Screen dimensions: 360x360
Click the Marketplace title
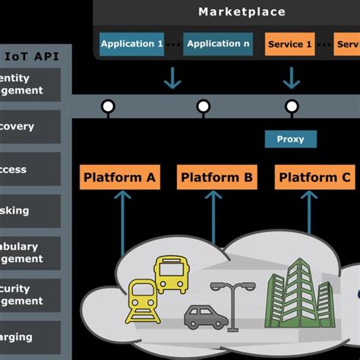point(242,11)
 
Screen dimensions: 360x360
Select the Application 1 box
point(131,44)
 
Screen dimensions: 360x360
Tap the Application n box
point(218,44)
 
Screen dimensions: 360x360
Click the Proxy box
point(290,139)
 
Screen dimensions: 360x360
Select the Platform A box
point(120,178)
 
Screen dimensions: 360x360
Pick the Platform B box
point(216,178)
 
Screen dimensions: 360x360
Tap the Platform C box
point(314,178)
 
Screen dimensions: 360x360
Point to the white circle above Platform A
point(109,106)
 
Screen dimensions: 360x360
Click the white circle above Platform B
point(203,106)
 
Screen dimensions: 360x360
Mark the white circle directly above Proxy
point(291,106)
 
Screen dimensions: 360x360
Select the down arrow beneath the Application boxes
point(173,77)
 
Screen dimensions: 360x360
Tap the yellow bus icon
point(171,274)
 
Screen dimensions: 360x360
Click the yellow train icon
point(142,300)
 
